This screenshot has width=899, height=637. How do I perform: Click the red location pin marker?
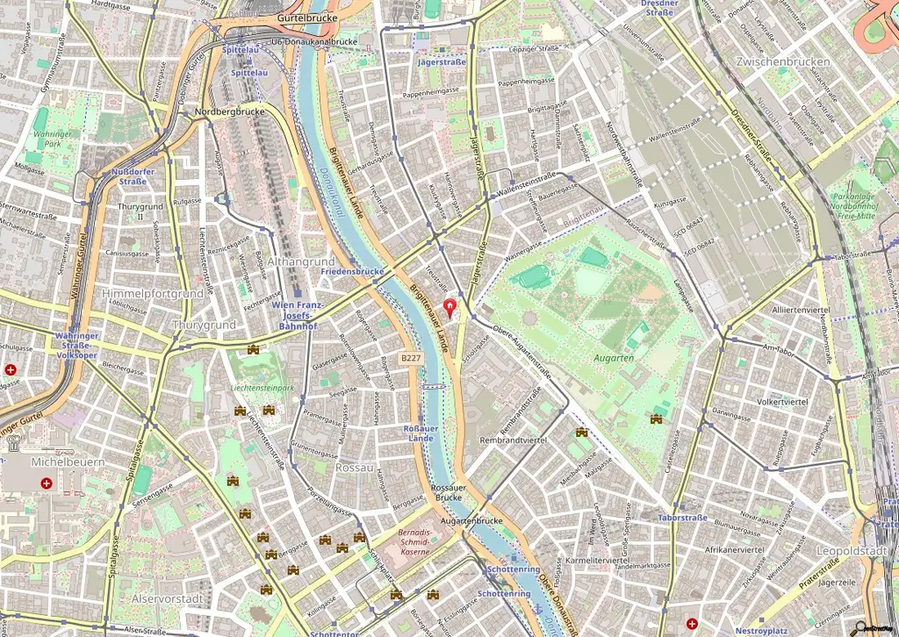tap(451, 308)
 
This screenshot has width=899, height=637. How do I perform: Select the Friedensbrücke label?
tap(353, 272)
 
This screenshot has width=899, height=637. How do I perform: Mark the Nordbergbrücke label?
tap(229, 111)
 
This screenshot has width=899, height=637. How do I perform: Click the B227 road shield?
tap(410, 358)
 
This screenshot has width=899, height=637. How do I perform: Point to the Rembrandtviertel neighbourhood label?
tap(514, 440)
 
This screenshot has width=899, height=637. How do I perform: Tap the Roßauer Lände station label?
tap(419, 432)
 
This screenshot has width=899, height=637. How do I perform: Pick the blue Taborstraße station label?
tap(682, 518)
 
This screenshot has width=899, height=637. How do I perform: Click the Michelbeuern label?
tap(55, 462)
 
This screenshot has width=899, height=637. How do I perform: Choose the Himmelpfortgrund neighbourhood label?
tap(153, 293)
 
